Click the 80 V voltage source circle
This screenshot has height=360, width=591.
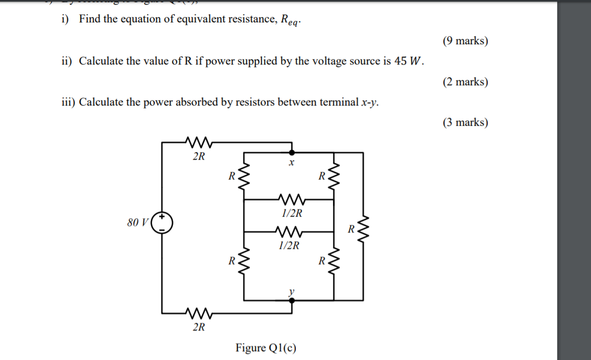click(x=162, y=223)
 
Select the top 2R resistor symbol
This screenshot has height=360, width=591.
click(x=199, y=143)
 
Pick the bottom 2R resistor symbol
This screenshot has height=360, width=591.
click(x=199, y=313)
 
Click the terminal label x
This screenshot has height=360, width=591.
click(x=291, y=163)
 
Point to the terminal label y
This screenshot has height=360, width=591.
click(x=291, y=292)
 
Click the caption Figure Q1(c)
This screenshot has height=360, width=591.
click(x=266, y=347)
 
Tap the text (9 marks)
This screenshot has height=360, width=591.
click(x=465, y=41)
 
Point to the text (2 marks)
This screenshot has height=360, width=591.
click(x=465, y=82)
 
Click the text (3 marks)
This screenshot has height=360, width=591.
click(x=465, y=123)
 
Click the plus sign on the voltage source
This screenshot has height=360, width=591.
click(x=162, y=218)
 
